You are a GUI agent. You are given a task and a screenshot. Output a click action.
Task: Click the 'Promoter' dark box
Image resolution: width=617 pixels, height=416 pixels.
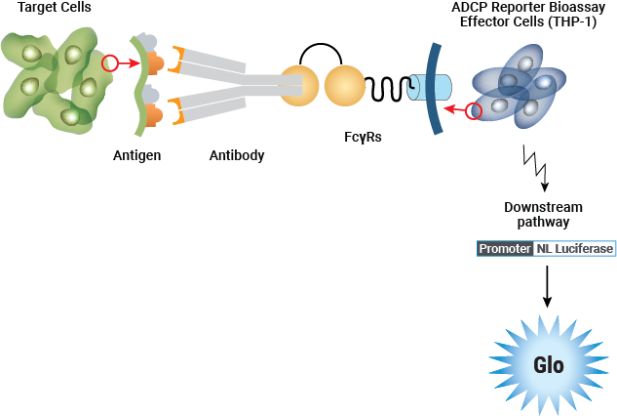505,249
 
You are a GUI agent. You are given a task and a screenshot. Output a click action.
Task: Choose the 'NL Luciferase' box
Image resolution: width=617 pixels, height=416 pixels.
575,249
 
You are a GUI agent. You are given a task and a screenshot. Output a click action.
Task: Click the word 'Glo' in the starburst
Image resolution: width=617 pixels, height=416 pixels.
549,366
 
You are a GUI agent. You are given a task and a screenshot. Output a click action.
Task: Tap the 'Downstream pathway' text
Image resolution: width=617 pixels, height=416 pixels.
543,215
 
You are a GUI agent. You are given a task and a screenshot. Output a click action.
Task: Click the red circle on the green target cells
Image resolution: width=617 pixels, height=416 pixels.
110,63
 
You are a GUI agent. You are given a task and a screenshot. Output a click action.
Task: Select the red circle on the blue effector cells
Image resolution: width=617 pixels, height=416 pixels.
475,110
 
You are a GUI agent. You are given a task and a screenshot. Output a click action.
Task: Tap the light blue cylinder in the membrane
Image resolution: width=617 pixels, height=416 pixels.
430,88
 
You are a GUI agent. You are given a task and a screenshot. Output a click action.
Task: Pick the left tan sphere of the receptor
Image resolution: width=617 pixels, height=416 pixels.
299,86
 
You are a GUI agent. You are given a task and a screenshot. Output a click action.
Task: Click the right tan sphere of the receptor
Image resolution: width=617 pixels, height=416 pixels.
344,86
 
